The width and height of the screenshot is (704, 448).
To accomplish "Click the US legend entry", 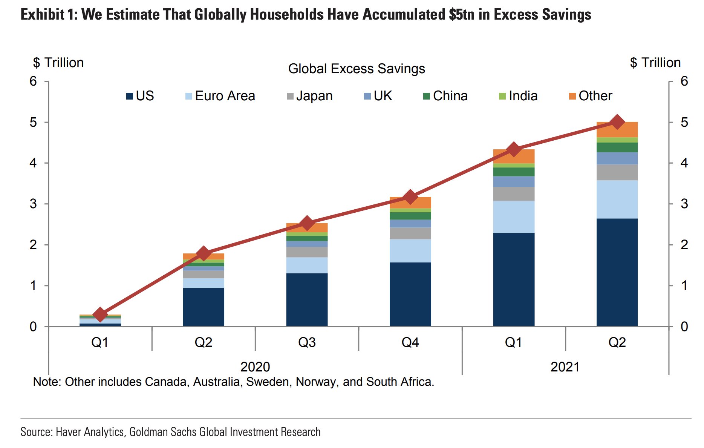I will pos(140,96).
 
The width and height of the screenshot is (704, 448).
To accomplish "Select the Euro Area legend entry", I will pos(220,96).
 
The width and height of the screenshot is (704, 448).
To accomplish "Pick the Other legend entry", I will pos(591,96).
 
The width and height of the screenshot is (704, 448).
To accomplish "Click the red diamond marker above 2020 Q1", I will pos(100,314).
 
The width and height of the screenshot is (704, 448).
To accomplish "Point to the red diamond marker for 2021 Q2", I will pos(617,122).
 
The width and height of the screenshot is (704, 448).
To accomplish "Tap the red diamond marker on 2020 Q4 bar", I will pos(410,197).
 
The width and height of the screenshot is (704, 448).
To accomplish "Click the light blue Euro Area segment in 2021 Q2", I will pos(617,199).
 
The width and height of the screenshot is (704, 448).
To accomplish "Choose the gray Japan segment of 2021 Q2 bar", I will pos(617,172).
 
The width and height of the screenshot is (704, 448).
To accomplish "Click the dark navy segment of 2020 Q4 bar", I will pos(410,294).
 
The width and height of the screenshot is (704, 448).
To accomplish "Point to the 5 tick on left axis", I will pos(34,122).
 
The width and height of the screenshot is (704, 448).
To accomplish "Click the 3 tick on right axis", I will pos(684,204).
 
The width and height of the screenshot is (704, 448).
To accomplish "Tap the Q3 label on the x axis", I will pos(307,342).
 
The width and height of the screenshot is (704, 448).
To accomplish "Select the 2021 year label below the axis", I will pos(565,367).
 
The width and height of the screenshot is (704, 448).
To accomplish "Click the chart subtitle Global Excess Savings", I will pos(356,69).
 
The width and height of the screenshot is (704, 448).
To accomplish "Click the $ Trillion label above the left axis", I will pos(58,63).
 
